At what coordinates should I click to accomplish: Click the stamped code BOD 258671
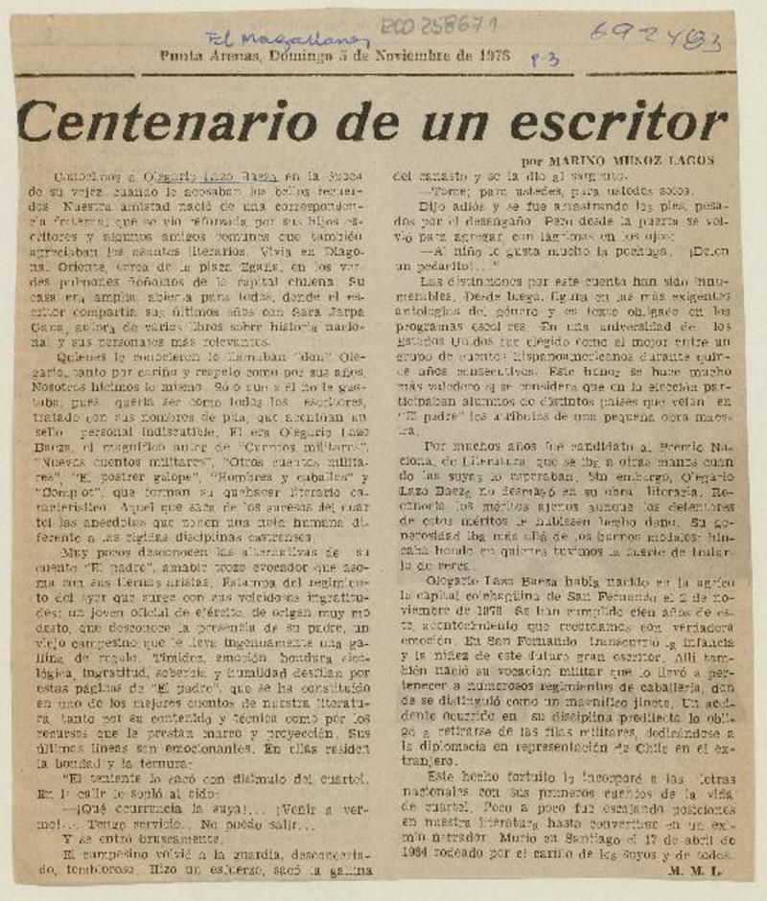(432, 28)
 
